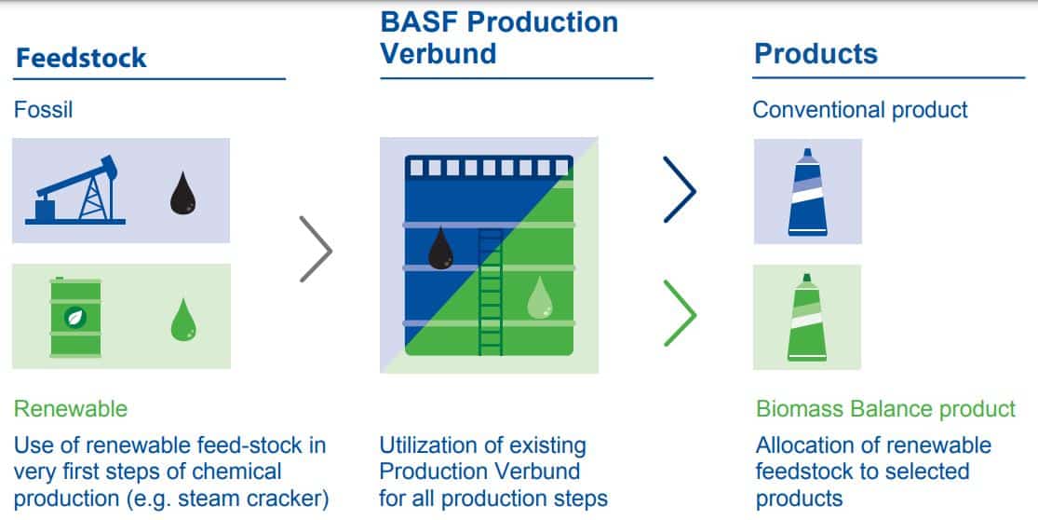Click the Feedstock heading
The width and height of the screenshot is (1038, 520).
pos(81,58)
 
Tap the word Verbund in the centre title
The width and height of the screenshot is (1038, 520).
pos(438,54)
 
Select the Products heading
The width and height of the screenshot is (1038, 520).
pos(816,54)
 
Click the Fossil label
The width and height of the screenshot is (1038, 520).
pos(43,109)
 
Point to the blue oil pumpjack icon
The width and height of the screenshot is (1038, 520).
pos(74,190)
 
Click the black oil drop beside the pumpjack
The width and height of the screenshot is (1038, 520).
pos(182,194)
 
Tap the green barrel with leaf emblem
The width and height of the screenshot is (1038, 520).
pos(75,317)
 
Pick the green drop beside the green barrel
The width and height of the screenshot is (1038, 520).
pos(183,320)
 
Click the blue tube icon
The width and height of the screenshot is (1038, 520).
pos(808,192)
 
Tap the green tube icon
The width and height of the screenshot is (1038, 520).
pos(807,317)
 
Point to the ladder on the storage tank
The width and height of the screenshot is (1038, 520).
pos(491,292)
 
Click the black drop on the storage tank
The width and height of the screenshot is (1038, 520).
pos(440,248)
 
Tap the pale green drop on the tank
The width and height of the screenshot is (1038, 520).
pos(540,296)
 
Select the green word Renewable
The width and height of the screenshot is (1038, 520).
pos(71,409)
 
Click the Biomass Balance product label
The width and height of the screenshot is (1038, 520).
pos(885,409)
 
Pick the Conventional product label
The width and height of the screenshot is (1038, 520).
pos(860,109)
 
